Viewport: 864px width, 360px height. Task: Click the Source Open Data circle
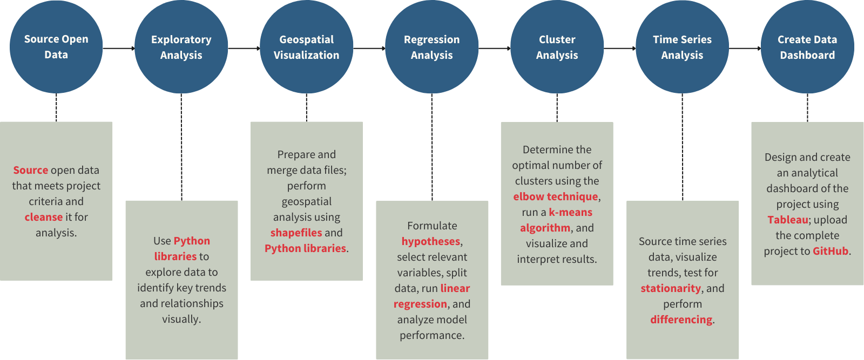(x=56, y=47)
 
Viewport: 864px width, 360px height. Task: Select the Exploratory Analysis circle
(x=181, y=47)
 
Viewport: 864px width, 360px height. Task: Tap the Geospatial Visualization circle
(x=307, y=47)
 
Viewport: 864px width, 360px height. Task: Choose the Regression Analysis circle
(x=432, y=47)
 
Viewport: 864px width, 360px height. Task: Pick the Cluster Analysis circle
(x=557, y=47)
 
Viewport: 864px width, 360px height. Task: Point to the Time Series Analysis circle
(x=683, y=47)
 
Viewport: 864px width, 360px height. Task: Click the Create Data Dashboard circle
(x=807, y=47)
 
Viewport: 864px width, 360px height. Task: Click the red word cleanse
(x=44, y=217)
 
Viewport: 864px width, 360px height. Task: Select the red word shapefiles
(x=296, y=233)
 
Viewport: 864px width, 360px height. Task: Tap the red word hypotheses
(x=431, y=241)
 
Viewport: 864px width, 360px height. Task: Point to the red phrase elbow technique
(x=556, y=196)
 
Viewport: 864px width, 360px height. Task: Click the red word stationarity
(x=671, y=288)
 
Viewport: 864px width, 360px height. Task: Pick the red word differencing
(x=681, y=320)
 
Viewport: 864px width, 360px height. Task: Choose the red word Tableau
(x=788, y=220)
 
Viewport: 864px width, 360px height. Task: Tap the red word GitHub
(x=831, y=251)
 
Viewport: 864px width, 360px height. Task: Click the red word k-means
(x=571, y=212)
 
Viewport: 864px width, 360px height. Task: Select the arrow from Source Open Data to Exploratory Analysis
(x=119, y=48)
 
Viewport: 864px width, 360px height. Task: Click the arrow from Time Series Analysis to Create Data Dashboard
(x=745, y=48)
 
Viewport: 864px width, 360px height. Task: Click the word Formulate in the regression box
(x=432, y=226)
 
